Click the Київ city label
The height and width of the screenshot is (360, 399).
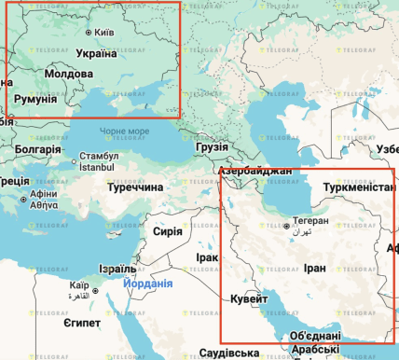coord(105,33)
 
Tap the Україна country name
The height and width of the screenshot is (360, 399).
coord(90,52)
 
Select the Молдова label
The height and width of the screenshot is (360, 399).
coord(69,73)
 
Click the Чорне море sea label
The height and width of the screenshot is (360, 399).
coord(124,132)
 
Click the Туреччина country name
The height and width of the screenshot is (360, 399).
coord(134,187)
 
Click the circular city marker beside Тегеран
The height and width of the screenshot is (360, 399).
coord(286,227)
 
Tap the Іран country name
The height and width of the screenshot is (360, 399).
coord(315,267)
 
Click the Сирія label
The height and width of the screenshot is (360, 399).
coord(167,230)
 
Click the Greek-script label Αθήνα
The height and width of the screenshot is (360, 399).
coord(43,205)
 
